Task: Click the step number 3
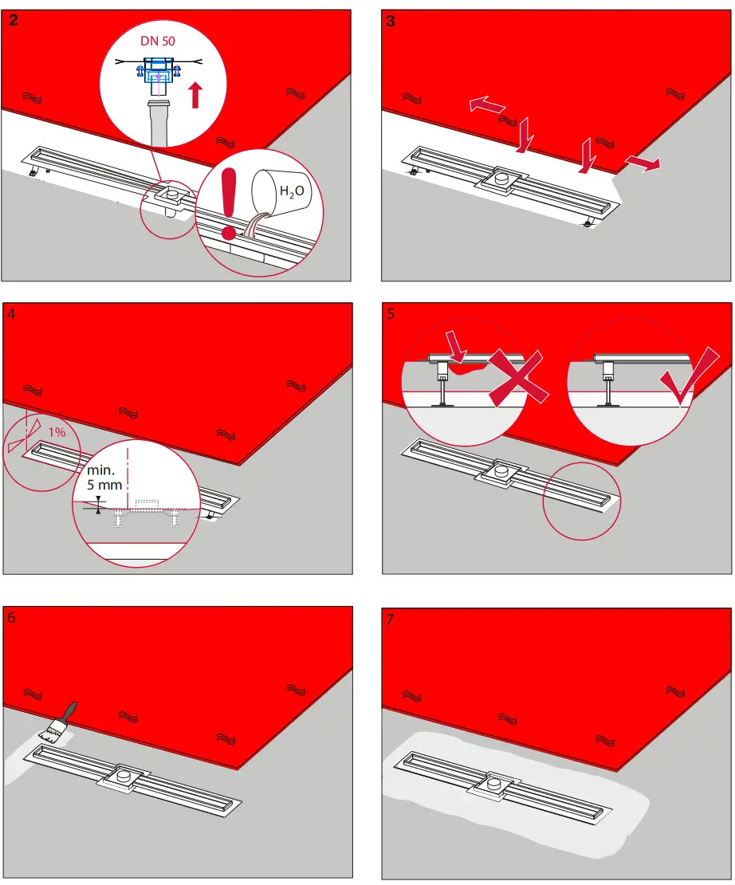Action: (390, 22)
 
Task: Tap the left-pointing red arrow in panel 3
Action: (486, 105)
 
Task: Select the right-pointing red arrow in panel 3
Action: (642, 163)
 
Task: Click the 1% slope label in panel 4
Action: (57, 431)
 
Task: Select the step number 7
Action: (390, 619)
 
